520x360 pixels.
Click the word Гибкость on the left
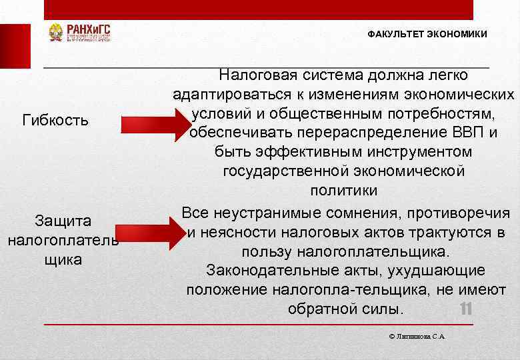pyautogui.click(x=55, y=120)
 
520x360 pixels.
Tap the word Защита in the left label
pyautogui.click(x=63, y=221)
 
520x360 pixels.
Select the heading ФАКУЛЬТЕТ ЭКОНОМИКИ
pyautogui.click(x=427, y=34)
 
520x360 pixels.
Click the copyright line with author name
pyautogui.click(x=416, y=337)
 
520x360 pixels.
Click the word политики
pyautogui.click(x=343, y=191)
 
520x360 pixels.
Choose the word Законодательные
pyautogui.click(x=266, y=271)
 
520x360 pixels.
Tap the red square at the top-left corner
pyautogui.click(x=15, y=46)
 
